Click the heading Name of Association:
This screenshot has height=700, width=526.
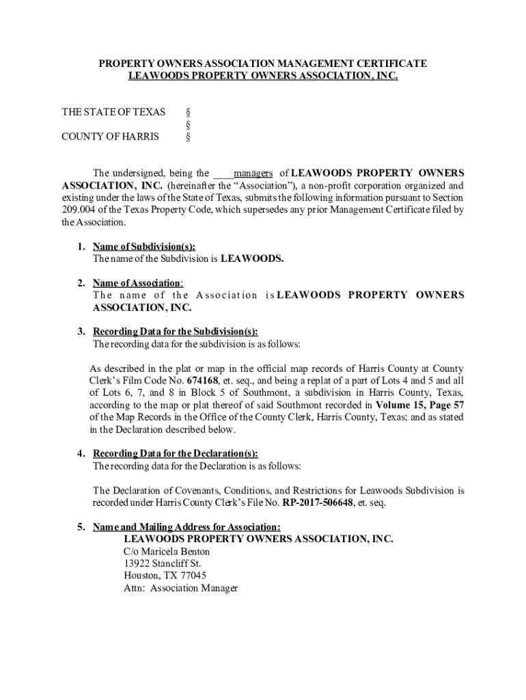(x=137, y=283)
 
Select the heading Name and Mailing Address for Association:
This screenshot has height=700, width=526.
(x=186, y=527)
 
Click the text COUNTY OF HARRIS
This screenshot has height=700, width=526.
(x=110, y=136)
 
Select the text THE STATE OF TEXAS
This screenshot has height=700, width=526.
(x=113, y=112)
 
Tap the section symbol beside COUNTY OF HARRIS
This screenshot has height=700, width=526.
(x=189, y=137)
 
